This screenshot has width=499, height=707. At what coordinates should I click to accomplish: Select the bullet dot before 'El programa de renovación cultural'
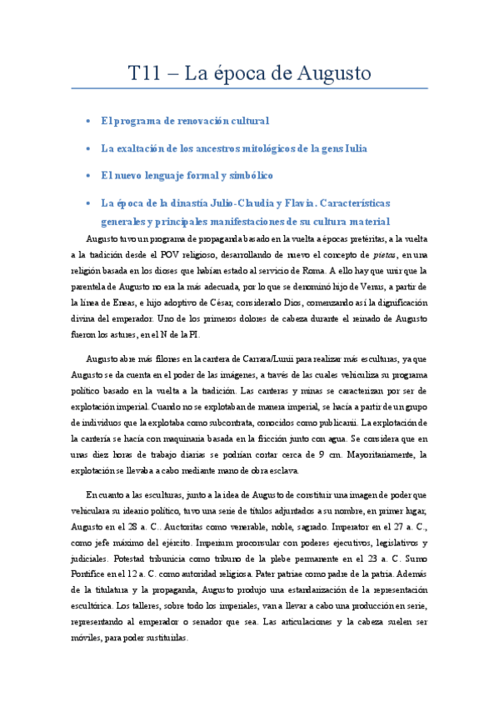[88, 121]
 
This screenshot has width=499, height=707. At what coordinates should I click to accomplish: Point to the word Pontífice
[93, 577]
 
